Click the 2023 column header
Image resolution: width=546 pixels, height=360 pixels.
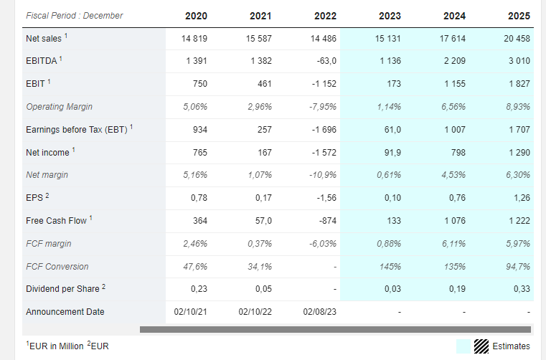(x=390, y=16)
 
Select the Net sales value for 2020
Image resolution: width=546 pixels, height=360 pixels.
(x=194, y=38)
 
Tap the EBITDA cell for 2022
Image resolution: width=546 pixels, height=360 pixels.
(x=326, y=61)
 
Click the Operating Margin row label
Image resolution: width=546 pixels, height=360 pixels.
(x=60, y=107)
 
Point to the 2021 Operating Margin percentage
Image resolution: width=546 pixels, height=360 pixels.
(x=260, y=107)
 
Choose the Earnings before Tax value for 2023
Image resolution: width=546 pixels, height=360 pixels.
(x=392, y=130)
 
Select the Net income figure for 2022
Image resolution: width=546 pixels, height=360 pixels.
(x=324, y=153)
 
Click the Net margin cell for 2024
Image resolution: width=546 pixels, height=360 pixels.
(x=453, y=175)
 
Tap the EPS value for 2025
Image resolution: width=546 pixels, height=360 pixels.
(x=522, y=198)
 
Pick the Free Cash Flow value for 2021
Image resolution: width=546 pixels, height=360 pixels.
(x=263, y=221)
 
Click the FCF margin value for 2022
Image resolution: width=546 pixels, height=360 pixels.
(x=323, y=244)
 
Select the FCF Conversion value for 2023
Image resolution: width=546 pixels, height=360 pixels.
(x=390, y=267)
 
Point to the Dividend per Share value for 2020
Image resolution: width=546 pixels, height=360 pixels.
(x=199, y=289)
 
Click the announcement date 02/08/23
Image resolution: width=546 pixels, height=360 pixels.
(x=320, y=312)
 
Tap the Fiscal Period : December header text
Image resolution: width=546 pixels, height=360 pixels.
(x=75, y=16)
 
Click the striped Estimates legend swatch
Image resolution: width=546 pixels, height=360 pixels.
(x=481, y=346)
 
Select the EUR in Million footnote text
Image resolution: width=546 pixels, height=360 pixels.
(x=55, y=346)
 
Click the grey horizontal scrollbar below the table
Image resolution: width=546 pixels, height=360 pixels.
(x=335, y=329)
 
